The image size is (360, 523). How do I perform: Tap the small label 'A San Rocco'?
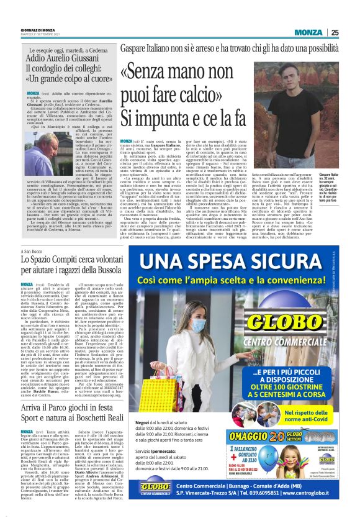[32, 230]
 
